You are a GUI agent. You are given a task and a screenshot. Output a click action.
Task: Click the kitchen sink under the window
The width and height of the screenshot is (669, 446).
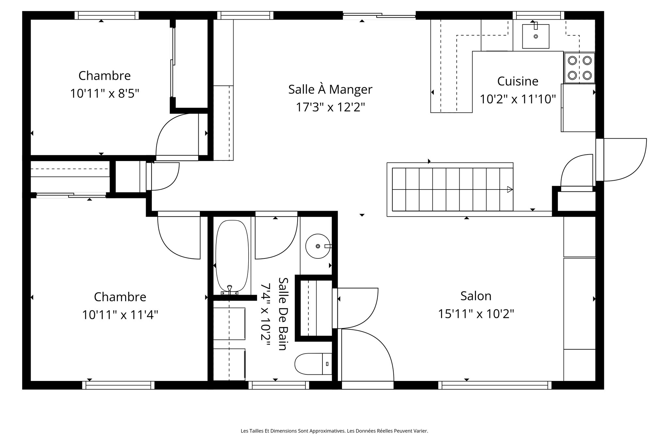[535, 36]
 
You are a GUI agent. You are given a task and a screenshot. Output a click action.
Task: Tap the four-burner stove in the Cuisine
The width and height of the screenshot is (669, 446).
[579, 68]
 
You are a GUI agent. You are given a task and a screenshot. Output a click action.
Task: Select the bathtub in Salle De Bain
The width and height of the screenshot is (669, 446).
[232, 256]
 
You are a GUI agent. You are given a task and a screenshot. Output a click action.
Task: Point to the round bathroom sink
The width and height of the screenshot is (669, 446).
[318, 246]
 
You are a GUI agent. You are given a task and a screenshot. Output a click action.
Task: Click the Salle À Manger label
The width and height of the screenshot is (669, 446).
[330, 90]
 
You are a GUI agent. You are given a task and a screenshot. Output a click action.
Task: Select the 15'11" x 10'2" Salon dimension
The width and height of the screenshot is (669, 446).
[476, 314]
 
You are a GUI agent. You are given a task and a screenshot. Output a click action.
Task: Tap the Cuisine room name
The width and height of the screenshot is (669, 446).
[517, 81]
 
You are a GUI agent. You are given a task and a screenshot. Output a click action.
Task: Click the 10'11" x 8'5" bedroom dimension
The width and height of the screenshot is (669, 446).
[105, 94]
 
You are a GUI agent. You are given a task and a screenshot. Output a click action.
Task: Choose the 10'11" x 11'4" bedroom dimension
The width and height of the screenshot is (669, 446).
[120, 315]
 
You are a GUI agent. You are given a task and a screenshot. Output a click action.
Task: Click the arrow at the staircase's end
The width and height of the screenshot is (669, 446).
[510, 189]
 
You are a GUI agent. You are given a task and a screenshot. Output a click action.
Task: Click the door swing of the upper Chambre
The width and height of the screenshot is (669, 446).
[176, 136]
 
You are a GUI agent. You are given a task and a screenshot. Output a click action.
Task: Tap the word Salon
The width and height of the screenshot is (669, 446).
[476, 296]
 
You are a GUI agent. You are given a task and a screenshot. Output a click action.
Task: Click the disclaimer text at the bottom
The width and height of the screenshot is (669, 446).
[334, 431]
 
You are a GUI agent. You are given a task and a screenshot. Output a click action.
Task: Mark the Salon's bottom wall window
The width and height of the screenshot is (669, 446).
[495, 385]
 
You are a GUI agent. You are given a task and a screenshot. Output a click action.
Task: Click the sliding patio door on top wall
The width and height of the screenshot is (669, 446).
[379, 15]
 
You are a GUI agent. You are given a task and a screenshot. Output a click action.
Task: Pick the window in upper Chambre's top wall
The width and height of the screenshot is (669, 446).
[106, 15]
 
